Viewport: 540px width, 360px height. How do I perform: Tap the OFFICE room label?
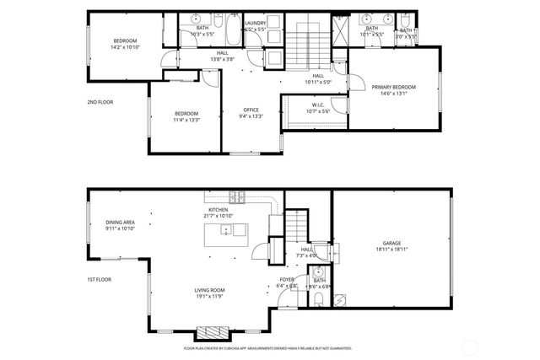251,110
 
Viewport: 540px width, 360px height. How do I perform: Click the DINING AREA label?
121,223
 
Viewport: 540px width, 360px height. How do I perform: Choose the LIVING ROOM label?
212,290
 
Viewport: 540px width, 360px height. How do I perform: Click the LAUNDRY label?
255,23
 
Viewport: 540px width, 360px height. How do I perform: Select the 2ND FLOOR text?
100,102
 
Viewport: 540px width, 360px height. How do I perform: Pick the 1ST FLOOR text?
100,279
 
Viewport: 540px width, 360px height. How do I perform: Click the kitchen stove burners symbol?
237,198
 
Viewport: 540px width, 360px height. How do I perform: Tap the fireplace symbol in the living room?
208,330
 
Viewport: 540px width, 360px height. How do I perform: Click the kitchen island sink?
226,229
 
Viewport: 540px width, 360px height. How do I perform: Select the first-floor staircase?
294,227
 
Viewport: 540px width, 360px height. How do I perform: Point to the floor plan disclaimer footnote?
267,348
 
